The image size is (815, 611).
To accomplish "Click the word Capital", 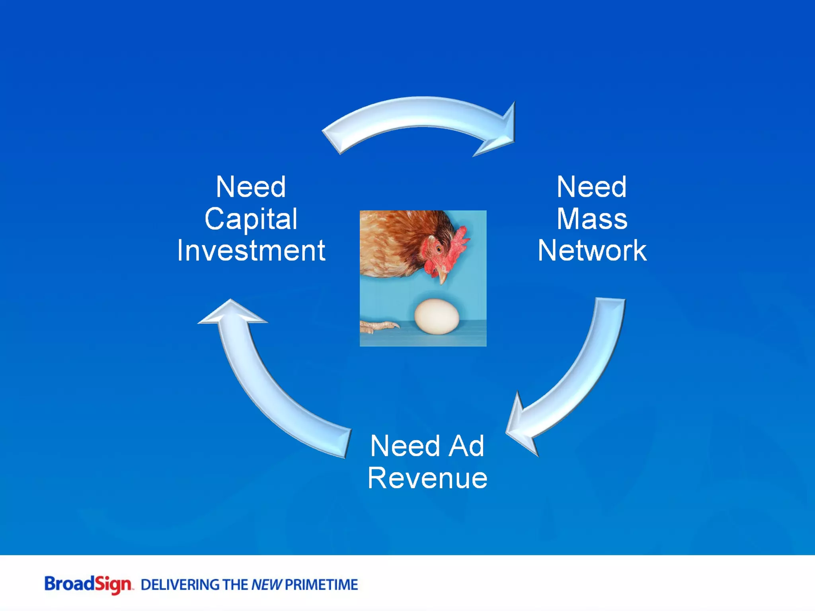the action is pyautogui.click(x=251, y=219).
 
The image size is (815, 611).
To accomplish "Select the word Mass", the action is pyautogui.click(x=592, y=219).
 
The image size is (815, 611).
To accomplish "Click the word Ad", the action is pyautogui.click(x=466, y=446).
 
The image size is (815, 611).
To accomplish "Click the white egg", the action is pyautogui.click(x=437, y=316).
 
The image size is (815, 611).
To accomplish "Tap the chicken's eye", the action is pyautogui.click(x=439, y=249).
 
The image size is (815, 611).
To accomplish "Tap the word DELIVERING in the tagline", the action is pyautogui.click(x=180, y=585).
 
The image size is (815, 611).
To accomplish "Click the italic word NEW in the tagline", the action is pyautogui.click(x=266, y=585).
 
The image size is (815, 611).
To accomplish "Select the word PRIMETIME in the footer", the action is pyautogui.click(x=322, y=585).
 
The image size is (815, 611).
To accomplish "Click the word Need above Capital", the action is pyautogui.click(x=251, y=187).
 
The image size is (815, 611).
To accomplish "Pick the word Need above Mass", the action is pyautogui.click(x=592, y=187).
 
